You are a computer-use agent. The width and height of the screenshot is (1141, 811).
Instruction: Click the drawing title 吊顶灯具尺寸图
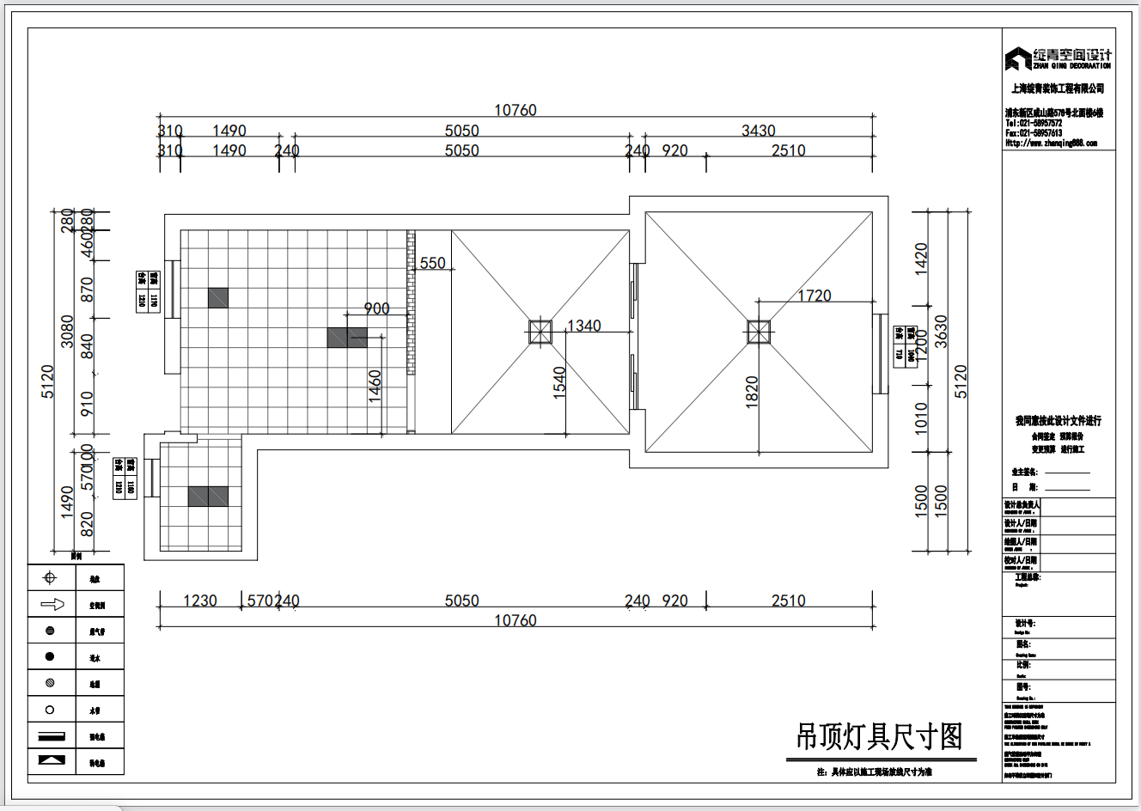click(879, 737)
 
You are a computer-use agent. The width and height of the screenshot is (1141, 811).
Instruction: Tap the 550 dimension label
click(433, 263)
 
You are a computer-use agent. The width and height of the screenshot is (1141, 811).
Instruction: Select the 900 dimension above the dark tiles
click(376, 308)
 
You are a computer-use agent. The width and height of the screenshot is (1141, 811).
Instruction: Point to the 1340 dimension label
click(584, 326)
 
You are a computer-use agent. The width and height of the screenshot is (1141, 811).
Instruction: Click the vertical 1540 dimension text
click(559, 382)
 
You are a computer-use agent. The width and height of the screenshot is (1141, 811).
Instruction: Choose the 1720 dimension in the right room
click(815, 296)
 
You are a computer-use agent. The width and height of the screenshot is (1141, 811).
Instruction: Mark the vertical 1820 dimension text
click(752, 392)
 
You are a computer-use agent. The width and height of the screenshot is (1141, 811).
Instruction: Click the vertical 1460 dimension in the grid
click(375, 387)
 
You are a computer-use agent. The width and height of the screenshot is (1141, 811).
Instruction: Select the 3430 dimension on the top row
click(759, 131)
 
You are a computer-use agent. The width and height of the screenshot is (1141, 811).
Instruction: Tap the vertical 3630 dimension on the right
click(941, 332)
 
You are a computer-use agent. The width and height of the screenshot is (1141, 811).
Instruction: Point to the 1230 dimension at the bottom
click(200, 601)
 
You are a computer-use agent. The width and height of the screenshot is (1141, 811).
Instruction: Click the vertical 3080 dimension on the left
click(67, 332)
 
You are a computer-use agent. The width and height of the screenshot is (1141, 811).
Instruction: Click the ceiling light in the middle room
click(540, 332)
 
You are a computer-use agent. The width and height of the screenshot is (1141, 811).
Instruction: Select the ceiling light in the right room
click(759, 332)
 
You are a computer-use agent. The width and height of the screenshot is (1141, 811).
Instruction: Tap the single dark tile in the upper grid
click(218, 297)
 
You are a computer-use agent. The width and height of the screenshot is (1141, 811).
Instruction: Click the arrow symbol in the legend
click(52, 604)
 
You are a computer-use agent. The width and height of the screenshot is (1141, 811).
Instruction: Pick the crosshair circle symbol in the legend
click(50, 578)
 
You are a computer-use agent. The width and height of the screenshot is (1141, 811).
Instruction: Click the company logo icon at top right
click(1018, 58)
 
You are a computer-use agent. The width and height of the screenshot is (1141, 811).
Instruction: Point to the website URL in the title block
click(1051, 143)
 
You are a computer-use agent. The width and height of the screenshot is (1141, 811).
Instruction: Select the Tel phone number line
click(1034, 123)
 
